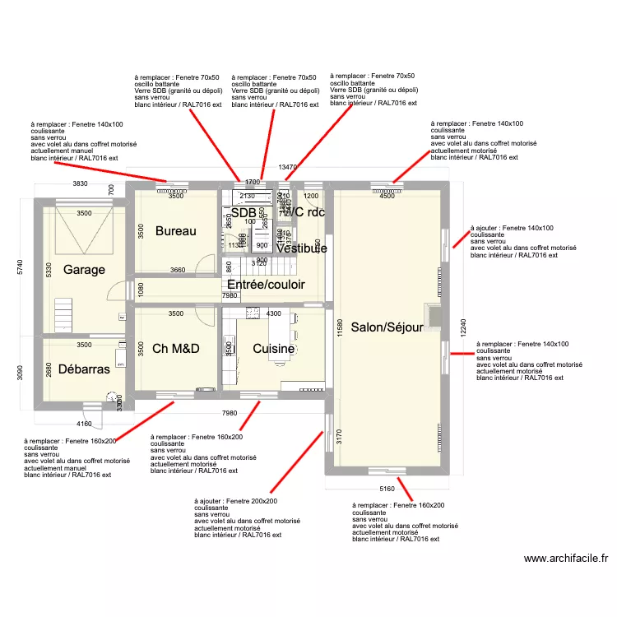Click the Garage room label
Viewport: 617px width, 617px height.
[x=85, y=270]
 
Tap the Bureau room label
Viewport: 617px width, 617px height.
[x=175, y=231]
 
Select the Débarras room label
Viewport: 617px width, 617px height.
[x=84, y=369]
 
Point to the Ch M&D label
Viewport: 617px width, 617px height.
[x=176, y=349]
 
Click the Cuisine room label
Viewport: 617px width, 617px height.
[x=274, y=349]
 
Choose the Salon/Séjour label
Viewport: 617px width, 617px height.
[x=387, y=327]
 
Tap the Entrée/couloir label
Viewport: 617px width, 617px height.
[x=266, y=285]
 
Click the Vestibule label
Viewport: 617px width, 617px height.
[x=301, y=248]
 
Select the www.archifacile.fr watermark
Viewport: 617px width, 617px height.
[x=567, y=559]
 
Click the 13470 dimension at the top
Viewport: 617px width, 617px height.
[x=287, y=168]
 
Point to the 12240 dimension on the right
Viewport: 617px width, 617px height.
[x=464, y=327]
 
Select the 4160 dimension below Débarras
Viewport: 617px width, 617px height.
[x=84, y=424]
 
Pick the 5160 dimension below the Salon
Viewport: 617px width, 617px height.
[x=387, y=489]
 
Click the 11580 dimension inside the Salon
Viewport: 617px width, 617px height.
[x=339, y=327]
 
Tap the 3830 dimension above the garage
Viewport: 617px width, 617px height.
[x=80, y=183]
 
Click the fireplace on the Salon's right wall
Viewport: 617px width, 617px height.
[x=432, y=316]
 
